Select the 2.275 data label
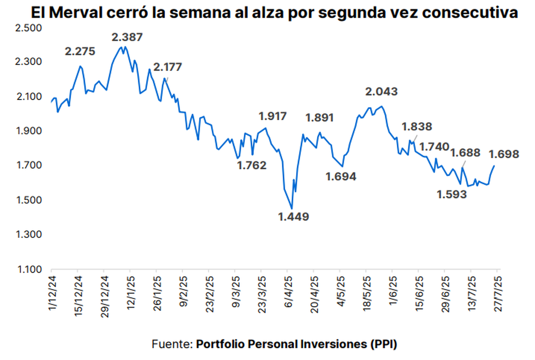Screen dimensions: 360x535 [x=80, y=51]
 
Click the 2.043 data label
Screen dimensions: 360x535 [x=381, y=92]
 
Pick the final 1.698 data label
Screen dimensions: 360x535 [x=504, y=155]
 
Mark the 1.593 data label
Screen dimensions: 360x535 [x=452, y=194]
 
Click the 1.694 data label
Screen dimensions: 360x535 [x=341, y=177]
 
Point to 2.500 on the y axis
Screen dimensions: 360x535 [x=28, y=28]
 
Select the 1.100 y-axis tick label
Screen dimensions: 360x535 [x=28, y=270]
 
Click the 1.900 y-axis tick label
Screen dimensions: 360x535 [x=28, y=131]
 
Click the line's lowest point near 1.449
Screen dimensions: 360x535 [x=292, y=209]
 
